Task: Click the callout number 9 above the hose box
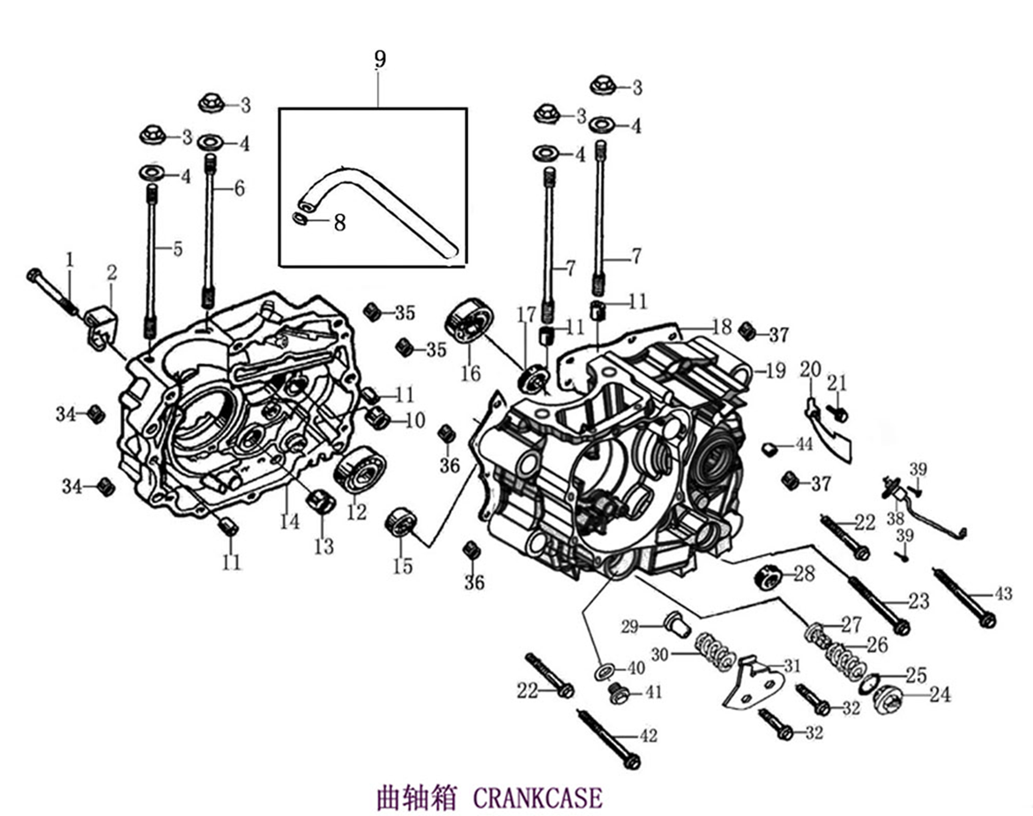click(x=379, y=60)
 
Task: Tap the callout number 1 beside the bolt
click(x=70, y=259)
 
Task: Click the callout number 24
click(x=940, y=694)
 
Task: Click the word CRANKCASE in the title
click(x=538, y=797)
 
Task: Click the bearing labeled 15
click(x=402, y=520)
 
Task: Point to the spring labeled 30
click(x=715, y=652)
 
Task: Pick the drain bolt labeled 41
click(x=618, y=694)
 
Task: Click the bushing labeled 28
click(x=768, y=579)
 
